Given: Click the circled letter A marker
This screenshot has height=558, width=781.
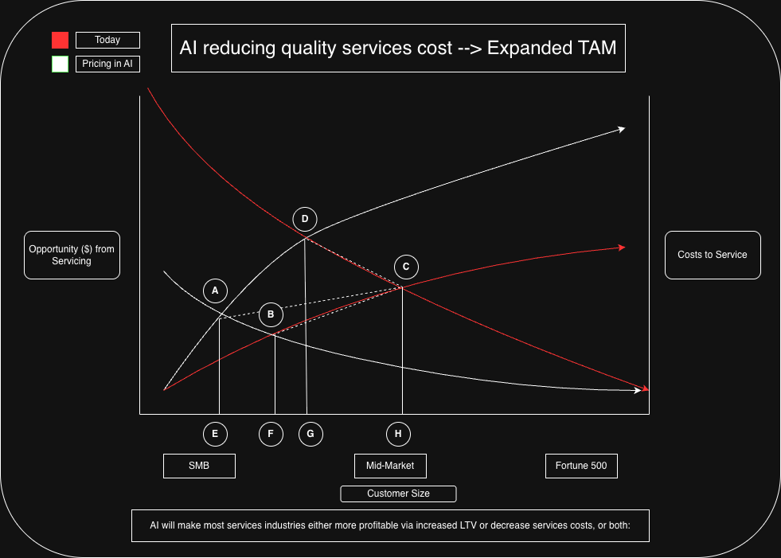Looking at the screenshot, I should point(215,291).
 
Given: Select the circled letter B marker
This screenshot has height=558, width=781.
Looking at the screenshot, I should point(271,314).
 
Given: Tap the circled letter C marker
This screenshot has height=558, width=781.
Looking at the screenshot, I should point(406,267).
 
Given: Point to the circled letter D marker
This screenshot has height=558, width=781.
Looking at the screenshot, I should point(304,219).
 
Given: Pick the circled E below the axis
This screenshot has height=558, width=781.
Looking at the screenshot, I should point(215,434).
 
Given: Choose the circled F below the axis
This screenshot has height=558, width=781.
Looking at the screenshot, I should point(271,434).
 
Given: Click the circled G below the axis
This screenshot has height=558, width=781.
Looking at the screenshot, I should point(310,434).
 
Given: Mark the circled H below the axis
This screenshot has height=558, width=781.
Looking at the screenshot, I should point(398,434).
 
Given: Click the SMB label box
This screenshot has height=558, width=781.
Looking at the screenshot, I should point(199,466).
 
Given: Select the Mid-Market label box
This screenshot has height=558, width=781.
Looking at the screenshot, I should point(390,466).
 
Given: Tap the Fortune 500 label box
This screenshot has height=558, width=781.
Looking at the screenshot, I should point(581,466).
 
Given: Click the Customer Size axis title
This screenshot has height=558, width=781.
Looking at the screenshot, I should point(398,494).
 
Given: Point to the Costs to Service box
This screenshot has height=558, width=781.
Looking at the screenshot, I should point(713,255).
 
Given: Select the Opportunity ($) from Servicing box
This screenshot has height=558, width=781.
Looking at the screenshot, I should point(72,255).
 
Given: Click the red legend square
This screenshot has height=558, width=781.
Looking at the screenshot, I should point(60,41).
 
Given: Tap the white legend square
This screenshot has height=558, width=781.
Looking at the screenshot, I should point(60,64).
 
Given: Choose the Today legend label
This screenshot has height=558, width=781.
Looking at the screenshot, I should point(107,40).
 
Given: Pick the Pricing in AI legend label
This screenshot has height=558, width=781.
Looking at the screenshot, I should point(107,64).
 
